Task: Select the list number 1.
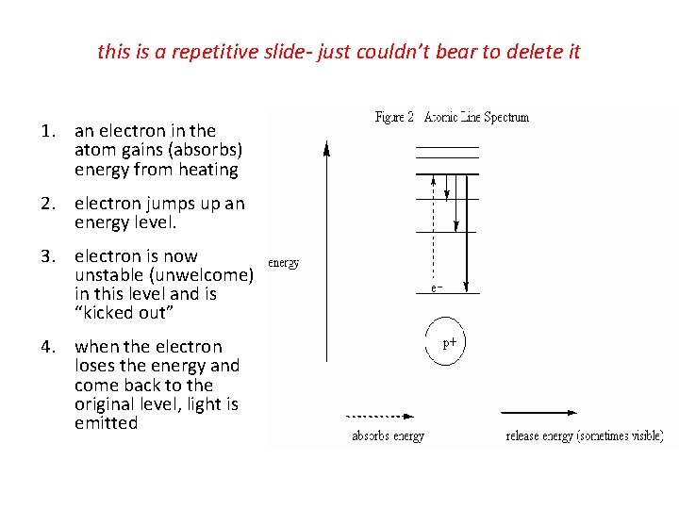pyautogui.click(x=46, y=131)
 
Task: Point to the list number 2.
pyautogui.click(x=46, y=204)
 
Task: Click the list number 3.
pyautogui.click(x=46, y=256)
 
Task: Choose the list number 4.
pyautogui.click(x=46, y=347)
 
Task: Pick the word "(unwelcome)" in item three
pyautogui.click(x=205, y=275)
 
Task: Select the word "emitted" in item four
pyautogui.click(x=106, y=423)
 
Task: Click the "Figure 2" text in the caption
pyautogui.click(x=395, y=118)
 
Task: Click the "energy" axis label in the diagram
pyautogui.click(x=284, y=263)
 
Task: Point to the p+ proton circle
pyautogui.click(x=451, y=343)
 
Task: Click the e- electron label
pyautogui.click(x=437, y=287)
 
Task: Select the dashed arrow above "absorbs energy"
pyautogui.click(x=380, y=415)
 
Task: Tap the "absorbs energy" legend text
pyautogui.click(x=388, y=436)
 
